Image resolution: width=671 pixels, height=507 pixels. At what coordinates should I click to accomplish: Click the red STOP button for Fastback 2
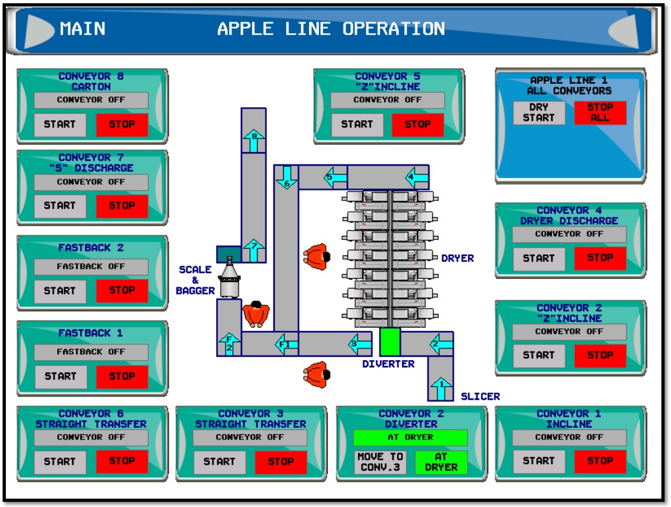[x=122, y=291]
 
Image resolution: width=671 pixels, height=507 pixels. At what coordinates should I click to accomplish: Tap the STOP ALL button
[x=599, y=112]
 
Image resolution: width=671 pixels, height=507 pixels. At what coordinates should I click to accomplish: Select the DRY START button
[x=538, y=112]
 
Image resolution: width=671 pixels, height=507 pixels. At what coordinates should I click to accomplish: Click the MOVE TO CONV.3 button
[x=380, y=462]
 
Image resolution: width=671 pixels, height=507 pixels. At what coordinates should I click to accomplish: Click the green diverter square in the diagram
[x=389, y=342]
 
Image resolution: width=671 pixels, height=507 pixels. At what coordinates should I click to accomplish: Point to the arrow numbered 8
[x=254, y=139]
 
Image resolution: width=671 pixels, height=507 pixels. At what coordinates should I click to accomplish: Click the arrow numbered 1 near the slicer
[x=441, y=388]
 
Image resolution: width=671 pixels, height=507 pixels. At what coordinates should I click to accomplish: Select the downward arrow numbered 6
[x=286, y=177]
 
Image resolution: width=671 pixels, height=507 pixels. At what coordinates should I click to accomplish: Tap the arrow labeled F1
[x=286, y=343]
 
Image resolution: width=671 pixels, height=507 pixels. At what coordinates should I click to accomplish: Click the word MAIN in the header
[x=83, y=29]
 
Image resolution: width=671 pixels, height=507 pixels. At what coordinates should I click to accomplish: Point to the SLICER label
[x=480, y=396]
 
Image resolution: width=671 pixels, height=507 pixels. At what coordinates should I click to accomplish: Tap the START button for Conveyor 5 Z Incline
[x=357, y=125]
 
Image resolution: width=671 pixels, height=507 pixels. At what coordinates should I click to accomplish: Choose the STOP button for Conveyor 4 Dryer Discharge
[x=599, y=258]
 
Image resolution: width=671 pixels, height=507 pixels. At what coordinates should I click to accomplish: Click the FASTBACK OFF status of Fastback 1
[x=90, y=352]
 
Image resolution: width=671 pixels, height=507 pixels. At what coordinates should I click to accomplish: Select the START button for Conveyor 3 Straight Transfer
[x=219, y=462]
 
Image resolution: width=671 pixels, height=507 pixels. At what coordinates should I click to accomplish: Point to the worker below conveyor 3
[x=316, y=374]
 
